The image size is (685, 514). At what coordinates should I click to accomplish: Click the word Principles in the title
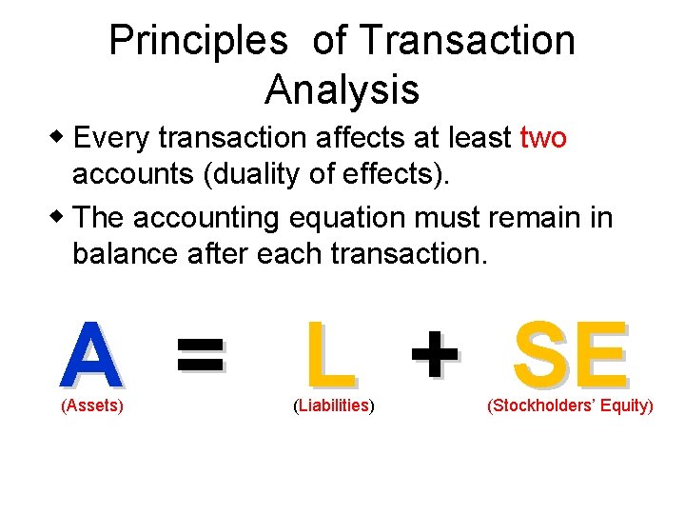pyautogui.click(x=198, y=41)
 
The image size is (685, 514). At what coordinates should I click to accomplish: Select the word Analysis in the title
pyautogui.click(x=342, y=89)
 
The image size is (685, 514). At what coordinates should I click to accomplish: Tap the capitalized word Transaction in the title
pyautogui.click(x=466, y=41)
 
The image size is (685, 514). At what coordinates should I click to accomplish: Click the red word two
pyautogui.click(x=544, y=139)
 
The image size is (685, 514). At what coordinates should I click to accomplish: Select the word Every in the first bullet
pyautogui.click(x=113, y=139)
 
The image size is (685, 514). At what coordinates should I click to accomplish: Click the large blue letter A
pyautogui.click(x=90, y=355)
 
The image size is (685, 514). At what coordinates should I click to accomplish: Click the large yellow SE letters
pyautogui.click(x=570, y=355)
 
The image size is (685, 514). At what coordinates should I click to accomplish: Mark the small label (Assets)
pyautogui.click(x=92, y=406)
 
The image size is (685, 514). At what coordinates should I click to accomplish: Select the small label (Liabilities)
pyautogui.click(x=333, y=406)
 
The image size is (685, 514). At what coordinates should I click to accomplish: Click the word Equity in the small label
pyautogui.click(x=628, y=406)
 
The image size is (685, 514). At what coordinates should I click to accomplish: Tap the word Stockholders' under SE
pyautogui.click(x=546, y=406)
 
